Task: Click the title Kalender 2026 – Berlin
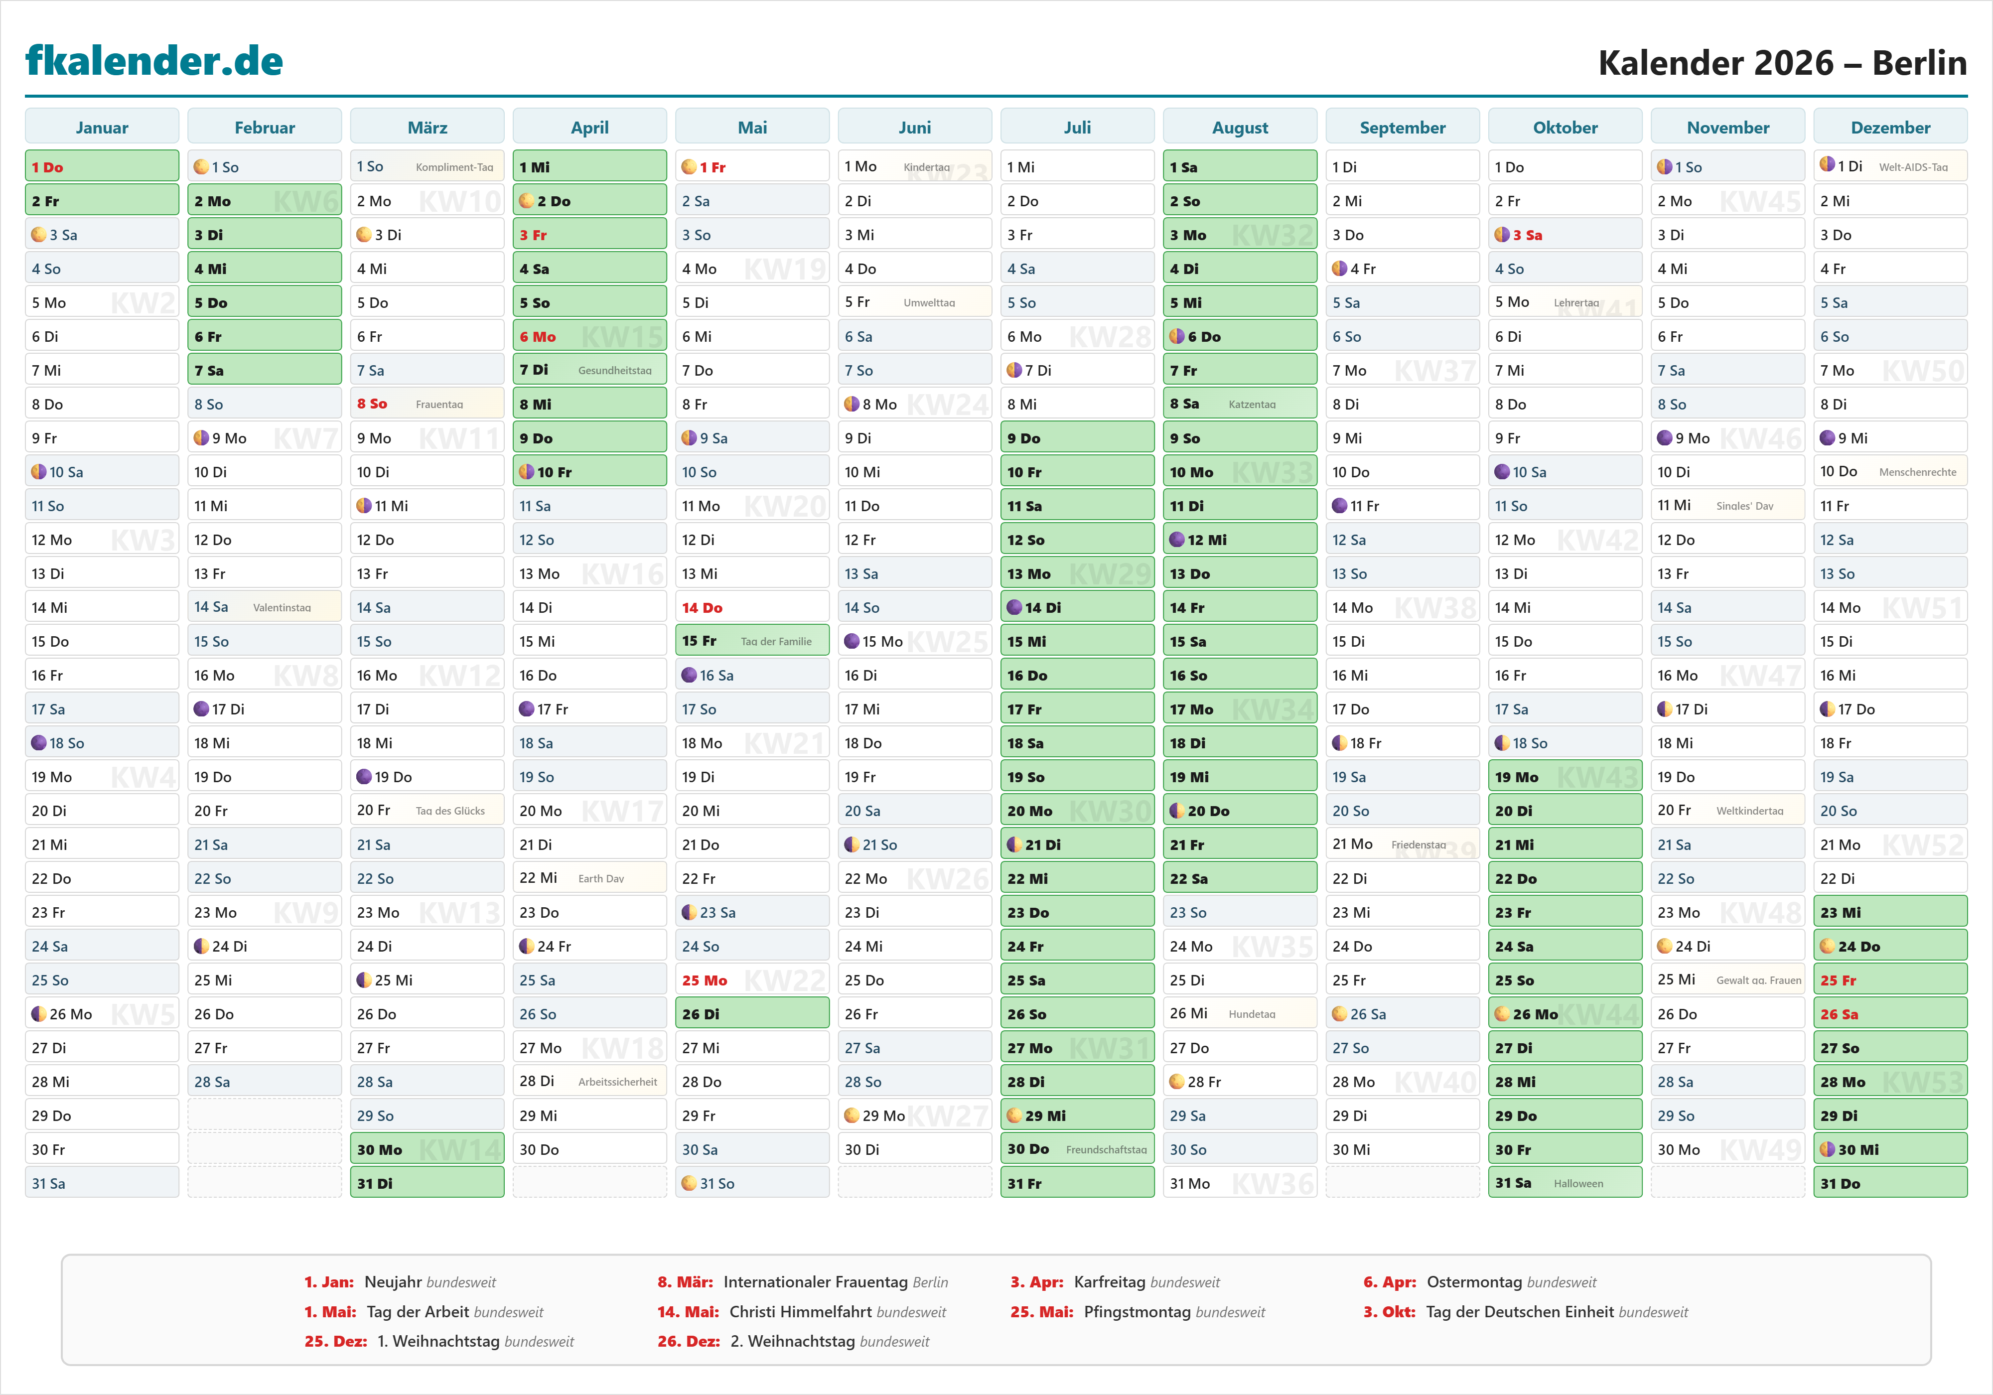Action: pyautogui.click(x=1782, y=62)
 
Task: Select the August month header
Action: pyautogui.click(x=1240, y=128)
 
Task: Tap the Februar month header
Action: pyautogui.click(x=265, y=128)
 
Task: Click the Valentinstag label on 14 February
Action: pyautogui.click(x=281, y=608)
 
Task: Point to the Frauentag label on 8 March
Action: pyautogui.click(x=439, y=405)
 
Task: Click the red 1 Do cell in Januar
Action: pyautogui.click(x=102, y=167)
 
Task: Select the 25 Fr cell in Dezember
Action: pyautogui.click(x=1890, y=980)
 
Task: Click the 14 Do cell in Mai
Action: pyautogui.click(x=752, y=608)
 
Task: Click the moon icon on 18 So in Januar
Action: pyautogui.click(x=39, y=743)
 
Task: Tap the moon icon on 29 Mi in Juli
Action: pyautogui.click(x=1014, y=1116)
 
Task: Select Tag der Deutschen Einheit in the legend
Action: pyautogui.click(x=1519, y=1312)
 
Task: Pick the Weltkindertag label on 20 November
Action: pyautogui.click(x=1749, y=811)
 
